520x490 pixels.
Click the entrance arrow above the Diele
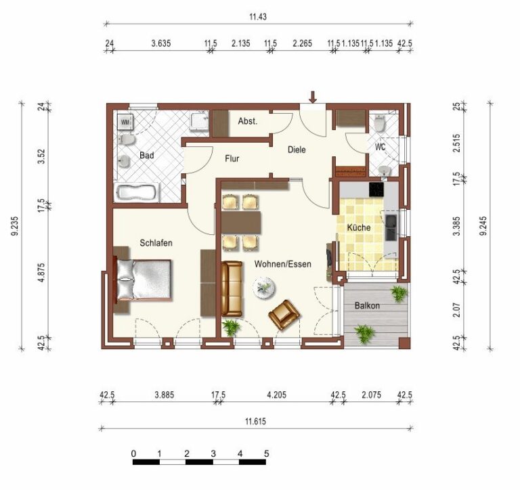tap(313, 97)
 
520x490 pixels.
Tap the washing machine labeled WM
tap(125, 122)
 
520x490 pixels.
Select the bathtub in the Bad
tap(137, 193)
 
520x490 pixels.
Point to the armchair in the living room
tap(284, 315)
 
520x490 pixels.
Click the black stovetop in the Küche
tap(376, 190)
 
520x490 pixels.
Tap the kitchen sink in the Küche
tap(391, 227)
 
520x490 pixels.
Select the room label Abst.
tap(247, 121)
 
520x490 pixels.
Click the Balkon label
tap(367, 305)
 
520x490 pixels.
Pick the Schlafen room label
tap(156, 243)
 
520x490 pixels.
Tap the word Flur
tap(232, 159)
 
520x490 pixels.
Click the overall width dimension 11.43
tap(258, 16)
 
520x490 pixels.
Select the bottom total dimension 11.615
tap(255, 422)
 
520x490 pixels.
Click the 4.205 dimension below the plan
tap(276, 395)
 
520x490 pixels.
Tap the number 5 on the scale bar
tap(266, 453)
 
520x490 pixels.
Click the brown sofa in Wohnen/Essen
tap(232, 288)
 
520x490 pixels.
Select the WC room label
tap(380, 147)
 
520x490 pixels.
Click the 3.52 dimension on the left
tap(41, 156)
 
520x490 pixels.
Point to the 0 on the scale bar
tap(133, 453)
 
